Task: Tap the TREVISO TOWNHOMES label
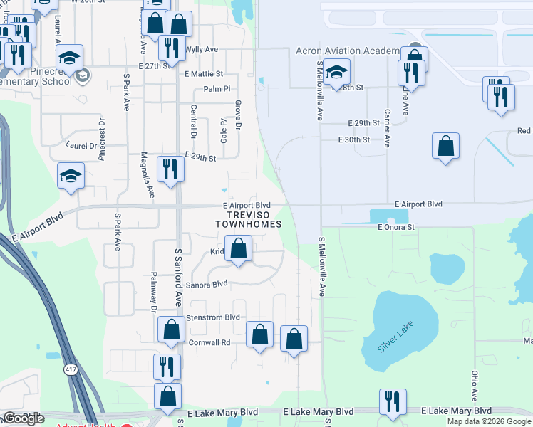[x=248, y=218]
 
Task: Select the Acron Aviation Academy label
[x=348, y=51]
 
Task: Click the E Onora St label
[x=395, y=227]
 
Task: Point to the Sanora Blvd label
[x=206, y=284]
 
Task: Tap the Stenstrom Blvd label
[x=212, y=317]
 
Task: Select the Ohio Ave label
[x=474, y=385]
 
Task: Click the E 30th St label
[x=353, y=139]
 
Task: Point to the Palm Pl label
[x=217, y=89]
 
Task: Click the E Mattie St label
[x=204, y=73]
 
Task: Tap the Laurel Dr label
[x=81, y=144]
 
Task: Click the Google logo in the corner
[x=24, y=418]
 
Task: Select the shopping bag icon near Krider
[x=239, y=249]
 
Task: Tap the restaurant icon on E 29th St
[x=170, y=169]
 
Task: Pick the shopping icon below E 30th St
[x=445, y=147]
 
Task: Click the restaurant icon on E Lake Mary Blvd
[x=392, y=401]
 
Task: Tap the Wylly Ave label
[x=202, y=50]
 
